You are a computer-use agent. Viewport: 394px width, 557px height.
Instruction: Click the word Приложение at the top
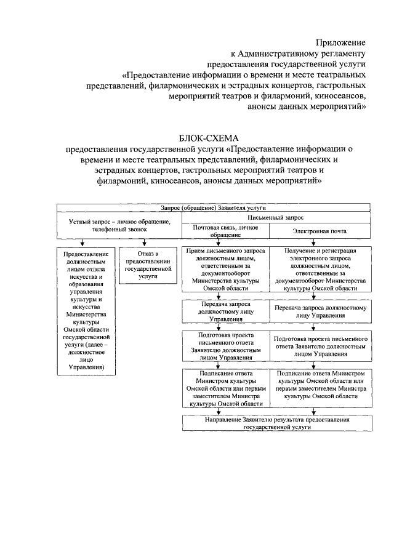click(340, 42)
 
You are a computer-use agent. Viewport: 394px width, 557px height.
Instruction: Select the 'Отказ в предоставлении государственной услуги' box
click(142, 265)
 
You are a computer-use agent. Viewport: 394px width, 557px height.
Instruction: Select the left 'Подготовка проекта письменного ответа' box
click(226, 345)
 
